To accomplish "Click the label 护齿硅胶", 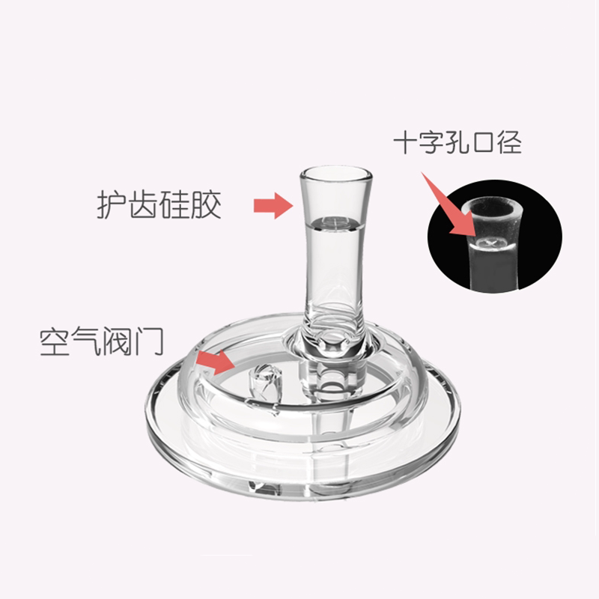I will pos(160,204).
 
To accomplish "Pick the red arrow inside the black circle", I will pos(447,204).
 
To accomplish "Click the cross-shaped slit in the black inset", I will pos(490,241).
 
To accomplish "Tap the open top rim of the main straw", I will pos(336,174).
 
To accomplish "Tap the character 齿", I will pos(145,204).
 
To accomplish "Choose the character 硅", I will pos(176,204).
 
